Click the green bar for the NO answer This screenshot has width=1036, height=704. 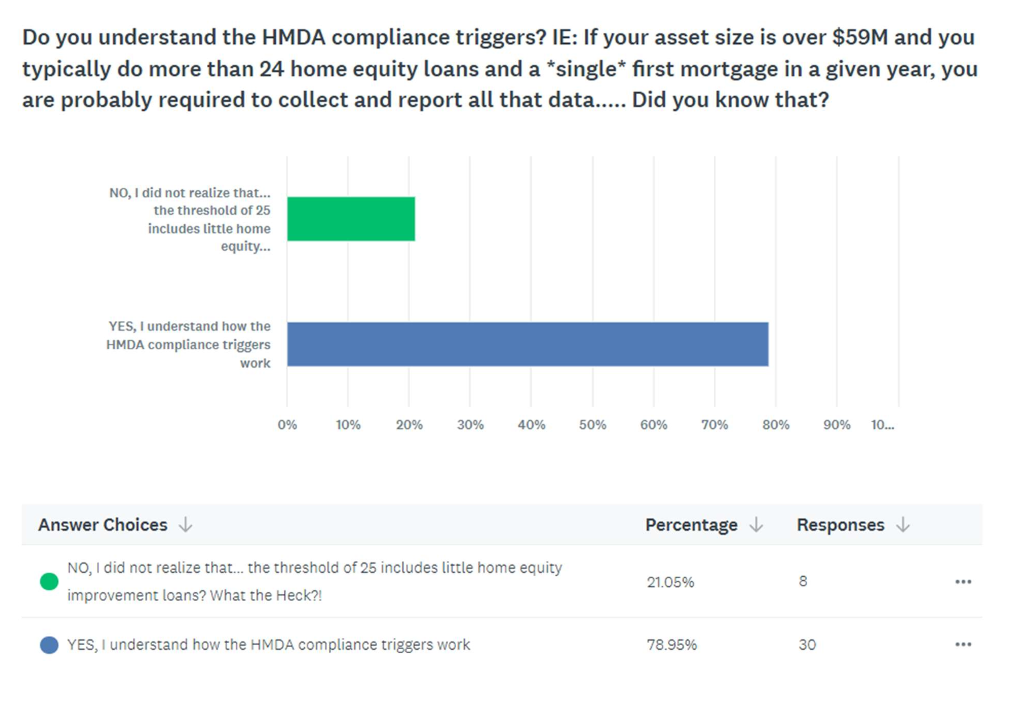(351, 219)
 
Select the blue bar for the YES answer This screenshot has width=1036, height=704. (528, 344)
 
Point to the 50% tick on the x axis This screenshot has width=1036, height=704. (592, 425)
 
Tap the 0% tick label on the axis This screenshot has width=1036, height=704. (287, 425)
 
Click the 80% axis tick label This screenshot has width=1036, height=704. (775, 425)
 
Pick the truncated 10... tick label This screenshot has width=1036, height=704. (882, 425)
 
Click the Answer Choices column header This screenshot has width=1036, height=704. (102, 525)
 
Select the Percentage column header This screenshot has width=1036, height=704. (691, 525)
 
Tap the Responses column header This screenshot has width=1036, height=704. (840, 525)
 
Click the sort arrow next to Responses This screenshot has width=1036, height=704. (903, 525)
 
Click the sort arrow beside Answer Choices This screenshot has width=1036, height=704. (185, 525)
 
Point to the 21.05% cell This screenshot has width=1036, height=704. (670, 582)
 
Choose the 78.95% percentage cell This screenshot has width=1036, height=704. (671, 645)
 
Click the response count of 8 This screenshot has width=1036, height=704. (803, 582)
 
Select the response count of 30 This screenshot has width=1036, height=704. (807, 645)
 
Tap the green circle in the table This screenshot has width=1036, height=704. (49, 582)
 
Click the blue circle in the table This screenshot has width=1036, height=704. (49, 645)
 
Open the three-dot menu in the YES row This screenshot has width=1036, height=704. (963, 645)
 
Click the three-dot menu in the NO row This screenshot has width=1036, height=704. (963, 582)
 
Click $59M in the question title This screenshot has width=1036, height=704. (860, 37)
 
